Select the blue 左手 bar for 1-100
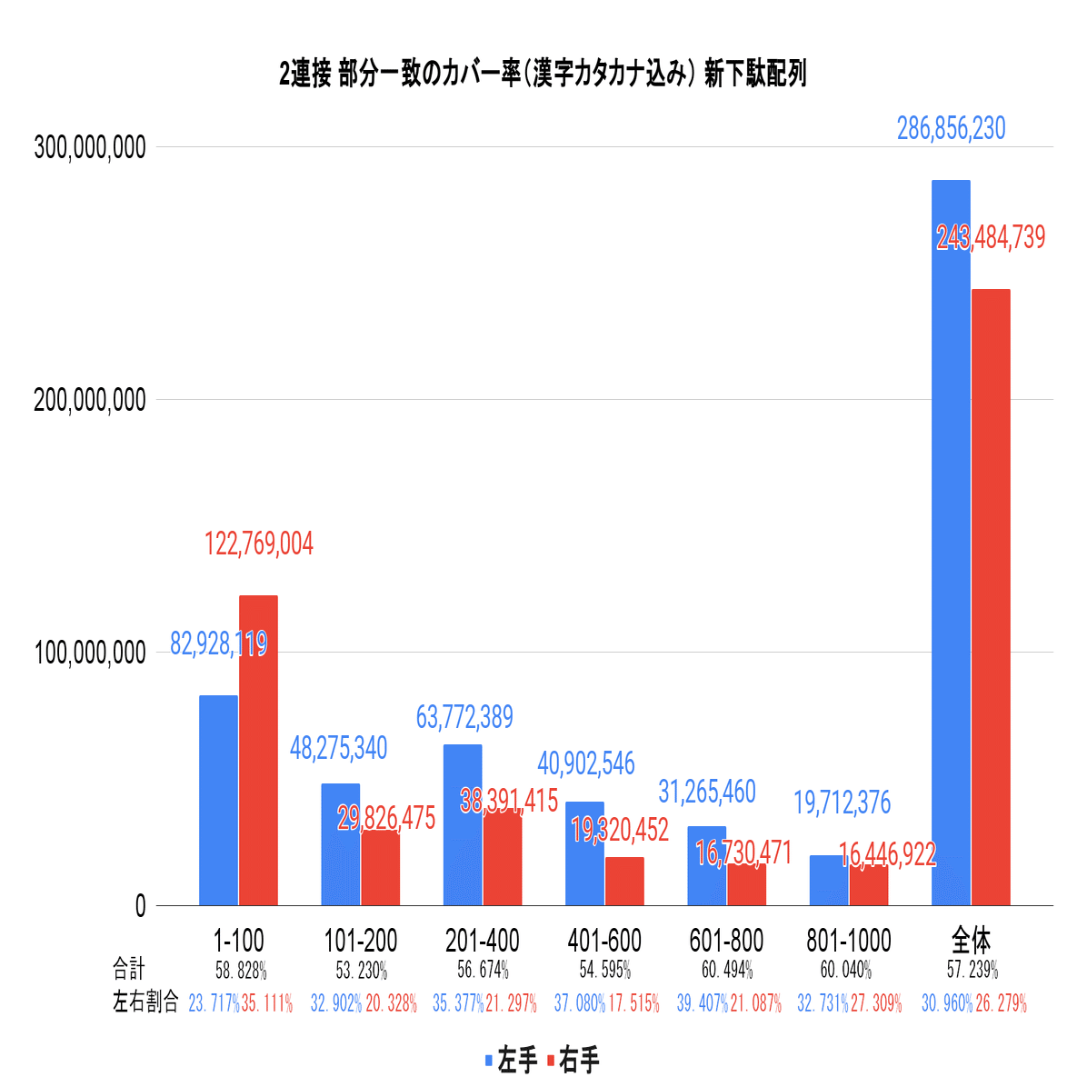[x=218, y=800]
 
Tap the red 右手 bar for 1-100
[x=258, y=750]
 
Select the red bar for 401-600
[x=624, y=881]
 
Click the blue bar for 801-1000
[x=829, y=880]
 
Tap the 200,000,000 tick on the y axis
[x=90, y=400]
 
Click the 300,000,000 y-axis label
[x=90, y=147]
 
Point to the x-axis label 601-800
[x=726, y=940]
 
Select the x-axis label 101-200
[x=361, y=940]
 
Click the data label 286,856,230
[x=951, y=129]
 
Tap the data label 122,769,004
[x=258, y=544]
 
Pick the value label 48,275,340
[x=338, y=748]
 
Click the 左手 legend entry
[x=513, y=1060]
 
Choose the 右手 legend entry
[x=573, y=1060]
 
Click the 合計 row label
[x=129, y=969]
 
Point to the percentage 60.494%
[x=726, y=970]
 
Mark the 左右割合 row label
[x=145, y=1002]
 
